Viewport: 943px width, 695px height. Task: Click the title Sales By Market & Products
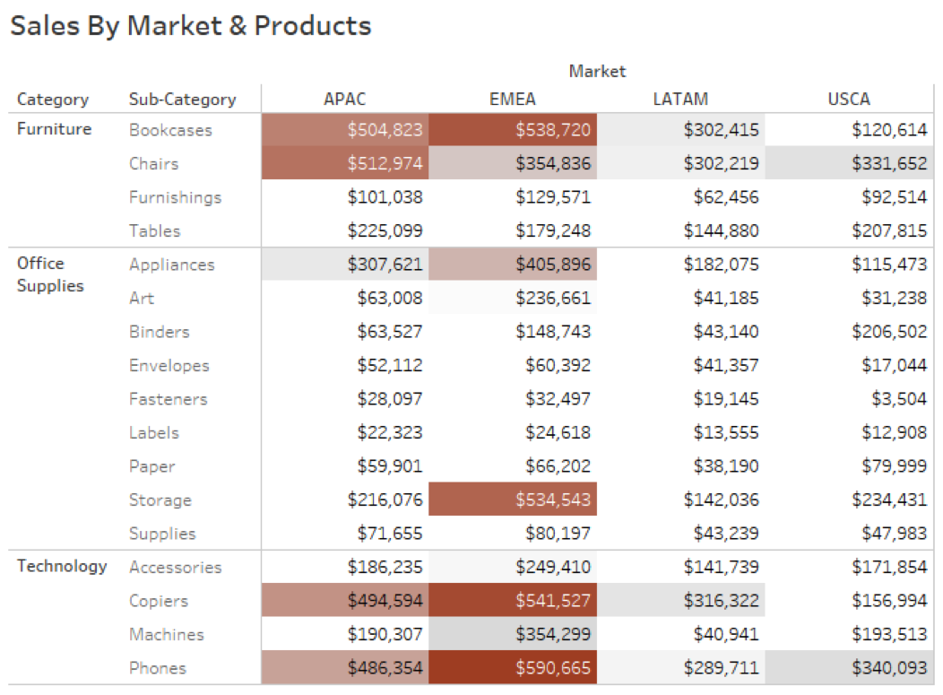point(190,26)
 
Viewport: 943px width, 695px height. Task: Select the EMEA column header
point(513,100)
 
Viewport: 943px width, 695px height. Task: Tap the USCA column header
point(848,100)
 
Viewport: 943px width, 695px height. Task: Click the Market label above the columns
point(597,71)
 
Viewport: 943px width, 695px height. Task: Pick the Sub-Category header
point(182,100)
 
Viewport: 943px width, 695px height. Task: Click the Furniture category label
point(54,129)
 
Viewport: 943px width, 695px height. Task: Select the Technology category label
point(62,566)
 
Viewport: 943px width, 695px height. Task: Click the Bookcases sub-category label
point(170,130)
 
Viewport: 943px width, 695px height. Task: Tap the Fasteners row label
point(168,399)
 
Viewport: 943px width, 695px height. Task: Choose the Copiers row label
point(158,601)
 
